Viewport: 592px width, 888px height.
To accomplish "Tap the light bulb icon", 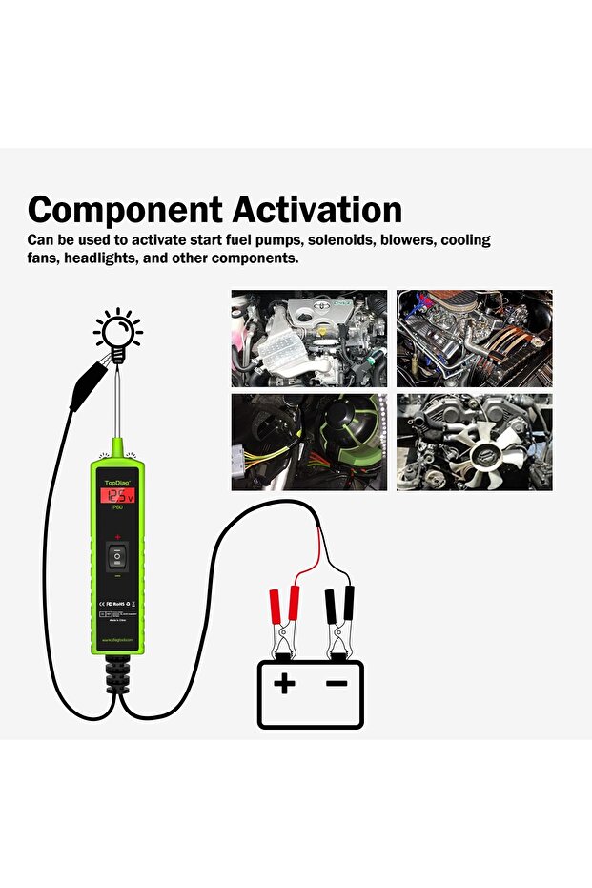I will point(117,335).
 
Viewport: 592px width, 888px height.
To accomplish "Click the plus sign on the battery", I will point(284,683).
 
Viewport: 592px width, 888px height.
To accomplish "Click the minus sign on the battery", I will point(337,683).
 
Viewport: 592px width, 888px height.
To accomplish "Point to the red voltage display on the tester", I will point(117,496).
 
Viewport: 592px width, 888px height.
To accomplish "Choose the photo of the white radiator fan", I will point(474,442).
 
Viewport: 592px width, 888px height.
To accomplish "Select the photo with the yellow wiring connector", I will point(309,442).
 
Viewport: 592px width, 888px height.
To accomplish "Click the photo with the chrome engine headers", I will point(474,338).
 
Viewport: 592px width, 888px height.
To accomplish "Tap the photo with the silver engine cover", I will point(309,338).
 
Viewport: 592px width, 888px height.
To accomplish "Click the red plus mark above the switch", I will point(117,538).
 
